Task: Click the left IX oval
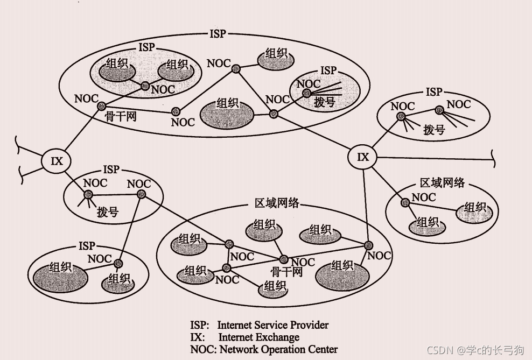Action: (x=57, y=160)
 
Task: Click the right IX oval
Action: (x=363, y=157)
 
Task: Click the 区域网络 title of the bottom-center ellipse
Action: (x=277, y=203)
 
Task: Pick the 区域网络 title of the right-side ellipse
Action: (x=442, y=182)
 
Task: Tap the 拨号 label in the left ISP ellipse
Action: (x=108, y=211)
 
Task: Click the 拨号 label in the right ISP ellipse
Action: (x=434, y=129)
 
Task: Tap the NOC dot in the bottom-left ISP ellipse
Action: (x=118, y=263)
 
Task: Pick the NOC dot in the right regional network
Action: (x=404, y=202)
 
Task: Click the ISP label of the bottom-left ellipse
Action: (x=87, y=246)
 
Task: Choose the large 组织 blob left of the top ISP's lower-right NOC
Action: (x=227, y=111)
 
